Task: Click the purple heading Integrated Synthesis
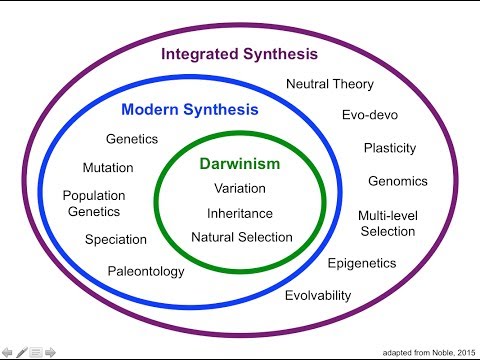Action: click(239, 54)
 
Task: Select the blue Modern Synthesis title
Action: click(190, 110)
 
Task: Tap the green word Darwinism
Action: click(240, 164)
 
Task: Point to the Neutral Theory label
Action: click(330, 84)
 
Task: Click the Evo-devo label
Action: click(370, 115)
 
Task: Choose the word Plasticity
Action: click(390, 148)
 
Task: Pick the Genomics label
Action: click(398, 181)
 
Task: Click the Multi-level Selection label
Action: click(388, 223)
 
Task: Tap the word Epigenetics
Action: click(362, 264)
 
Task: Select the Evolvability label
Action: click(318, 296)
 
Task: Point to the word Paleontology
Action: click(146, 271)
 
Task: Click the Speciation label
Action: click(116, 240)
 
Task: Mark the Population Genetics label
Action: click(94, 203)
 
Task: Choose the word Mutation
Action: click(108, 168)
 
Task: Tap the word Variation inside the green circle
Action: click(240, 188)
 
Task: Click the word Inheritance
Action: click(240, 213)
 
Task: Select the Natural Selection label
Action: click(242, 237)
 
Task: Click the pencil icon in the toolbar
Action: click(22, 352)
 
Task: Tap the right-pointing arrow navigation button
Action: click(50, 352)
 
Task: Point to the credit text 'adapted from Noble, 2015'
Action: click(429, 353)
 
